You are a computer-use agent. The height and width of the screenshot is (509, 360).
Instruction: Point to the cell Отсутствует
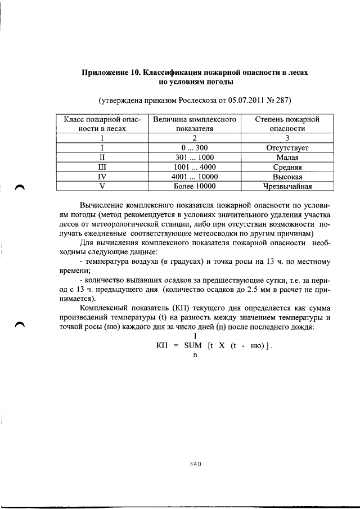[x=287, y=148]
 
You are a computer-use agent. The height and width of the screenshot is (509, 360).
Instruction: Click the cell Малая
[x=287, y=157]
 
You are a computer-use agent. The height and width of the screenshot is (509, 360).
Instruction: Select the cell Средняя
[x=287, y=167]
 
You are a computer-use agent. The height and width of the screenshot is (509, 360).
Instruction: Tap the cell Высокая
[x=287, y=177]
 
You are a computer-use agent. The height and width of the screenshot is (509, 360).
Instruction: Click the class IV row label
[x=102, y=177]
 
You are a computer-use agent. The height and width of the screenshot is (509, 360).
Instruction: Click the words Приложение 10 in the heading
[x=111, y=73]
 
